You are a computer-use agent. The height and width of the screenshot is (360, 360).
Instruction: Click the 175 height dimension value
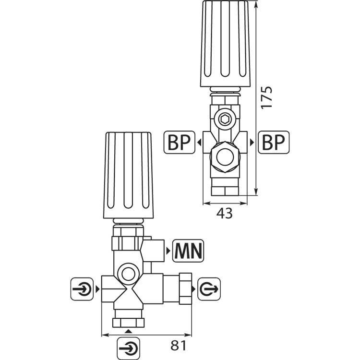click(266, 97)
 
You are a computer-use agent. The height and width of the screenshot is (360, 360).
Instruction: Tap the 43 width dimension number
click(224, 213)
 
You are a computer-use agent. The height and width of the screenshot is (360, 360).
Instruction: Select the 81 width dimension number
click(179, 346)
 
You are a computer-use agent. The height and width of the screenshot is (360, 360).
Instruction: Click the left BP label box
click(180, 143)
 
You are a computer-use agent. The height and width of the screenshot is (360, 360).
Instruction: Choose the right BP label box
click(274, 143)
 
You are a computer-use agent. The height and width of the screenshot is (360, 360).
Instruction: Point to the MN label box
click(188, 251)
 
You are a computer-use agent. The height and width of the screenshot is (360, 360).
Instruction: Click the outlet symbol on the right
click(209, 289)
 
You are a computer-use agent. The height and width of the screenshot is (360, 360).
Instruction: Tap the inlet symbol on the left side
click(82, 289)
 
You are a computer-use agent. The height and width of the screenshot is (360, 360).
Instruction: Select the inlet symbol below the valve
click(128, 348)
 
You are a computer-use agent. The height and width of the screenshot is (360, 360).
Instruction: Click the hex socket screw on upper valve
click(225, 120)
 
